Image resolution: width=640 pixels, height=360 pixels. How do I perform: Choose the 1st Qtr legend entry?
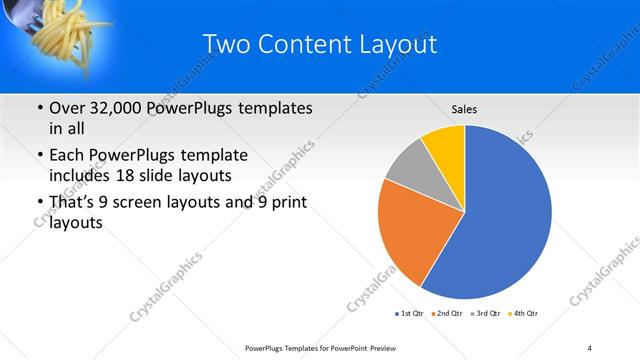[x=409, y=314]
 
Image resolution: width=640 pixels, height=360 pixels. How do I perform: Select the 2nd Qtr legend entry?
[x=448, y=314]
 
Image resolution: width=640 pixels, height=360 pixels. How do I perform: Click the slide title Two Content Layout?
[x=319, y=44]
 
